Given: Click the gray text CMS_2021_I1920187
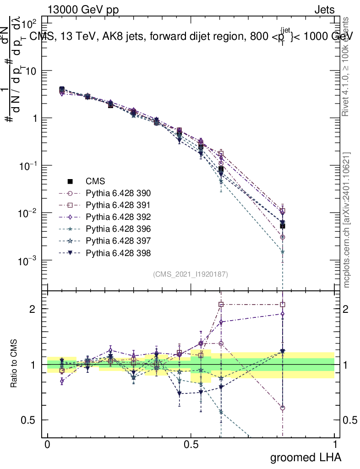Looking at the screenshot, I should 191,274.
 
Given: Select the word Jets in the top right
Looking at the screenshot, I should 324,10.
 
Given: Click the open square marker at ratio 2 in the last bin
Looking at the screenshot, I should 283,305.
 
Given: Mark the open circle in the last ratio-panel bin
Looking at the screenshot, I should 283,408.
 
